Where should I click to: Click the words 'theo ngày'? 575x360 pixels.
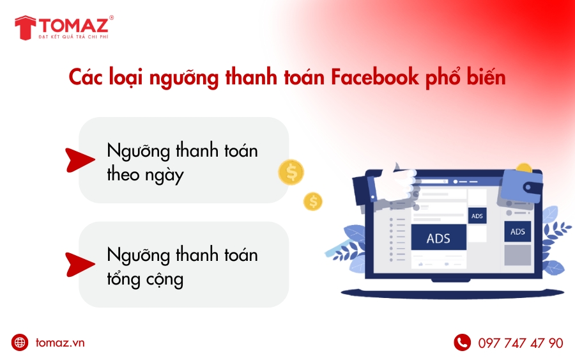coord(145,175)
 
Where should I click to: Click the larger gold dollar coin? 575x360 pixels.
coord(291,172)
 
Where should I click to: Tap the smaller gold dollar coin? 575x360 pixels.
coord(313,201)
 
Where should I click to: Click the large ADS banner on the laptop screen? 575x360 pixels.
coord(438,239)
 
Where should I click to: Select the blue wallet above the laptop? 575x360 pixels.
coord(521,185)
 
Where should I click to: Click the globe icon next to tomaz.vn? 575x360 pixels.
coord(20,343)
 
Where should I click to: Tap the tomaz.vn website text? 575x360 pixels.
coord(59,343)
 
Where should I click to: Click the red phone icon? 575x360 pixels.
coord(462,343)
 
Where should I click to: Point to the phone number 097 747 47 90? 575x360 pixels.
coord(521,343)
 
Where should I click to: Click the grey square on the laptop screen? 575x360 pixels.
coord(517,255)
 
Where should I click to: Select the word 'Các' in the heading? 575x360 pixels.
coord(87,78)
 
